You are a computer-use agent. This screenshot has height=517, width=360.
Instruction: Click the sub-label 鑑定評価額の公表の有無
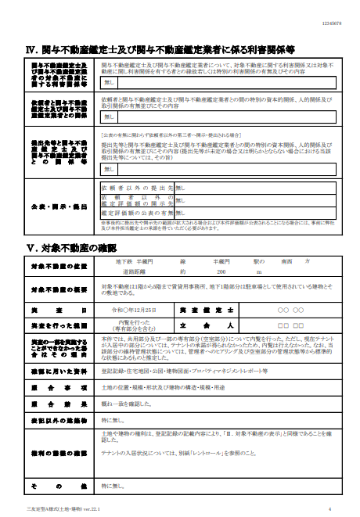click(136, 212)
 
